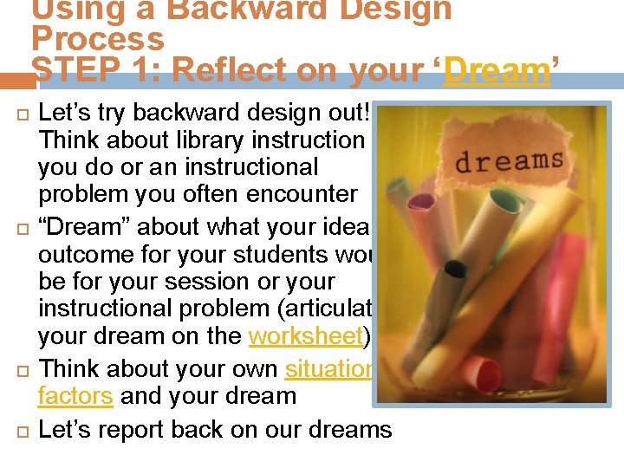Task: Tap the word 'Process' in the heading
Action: coord(97,40)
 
